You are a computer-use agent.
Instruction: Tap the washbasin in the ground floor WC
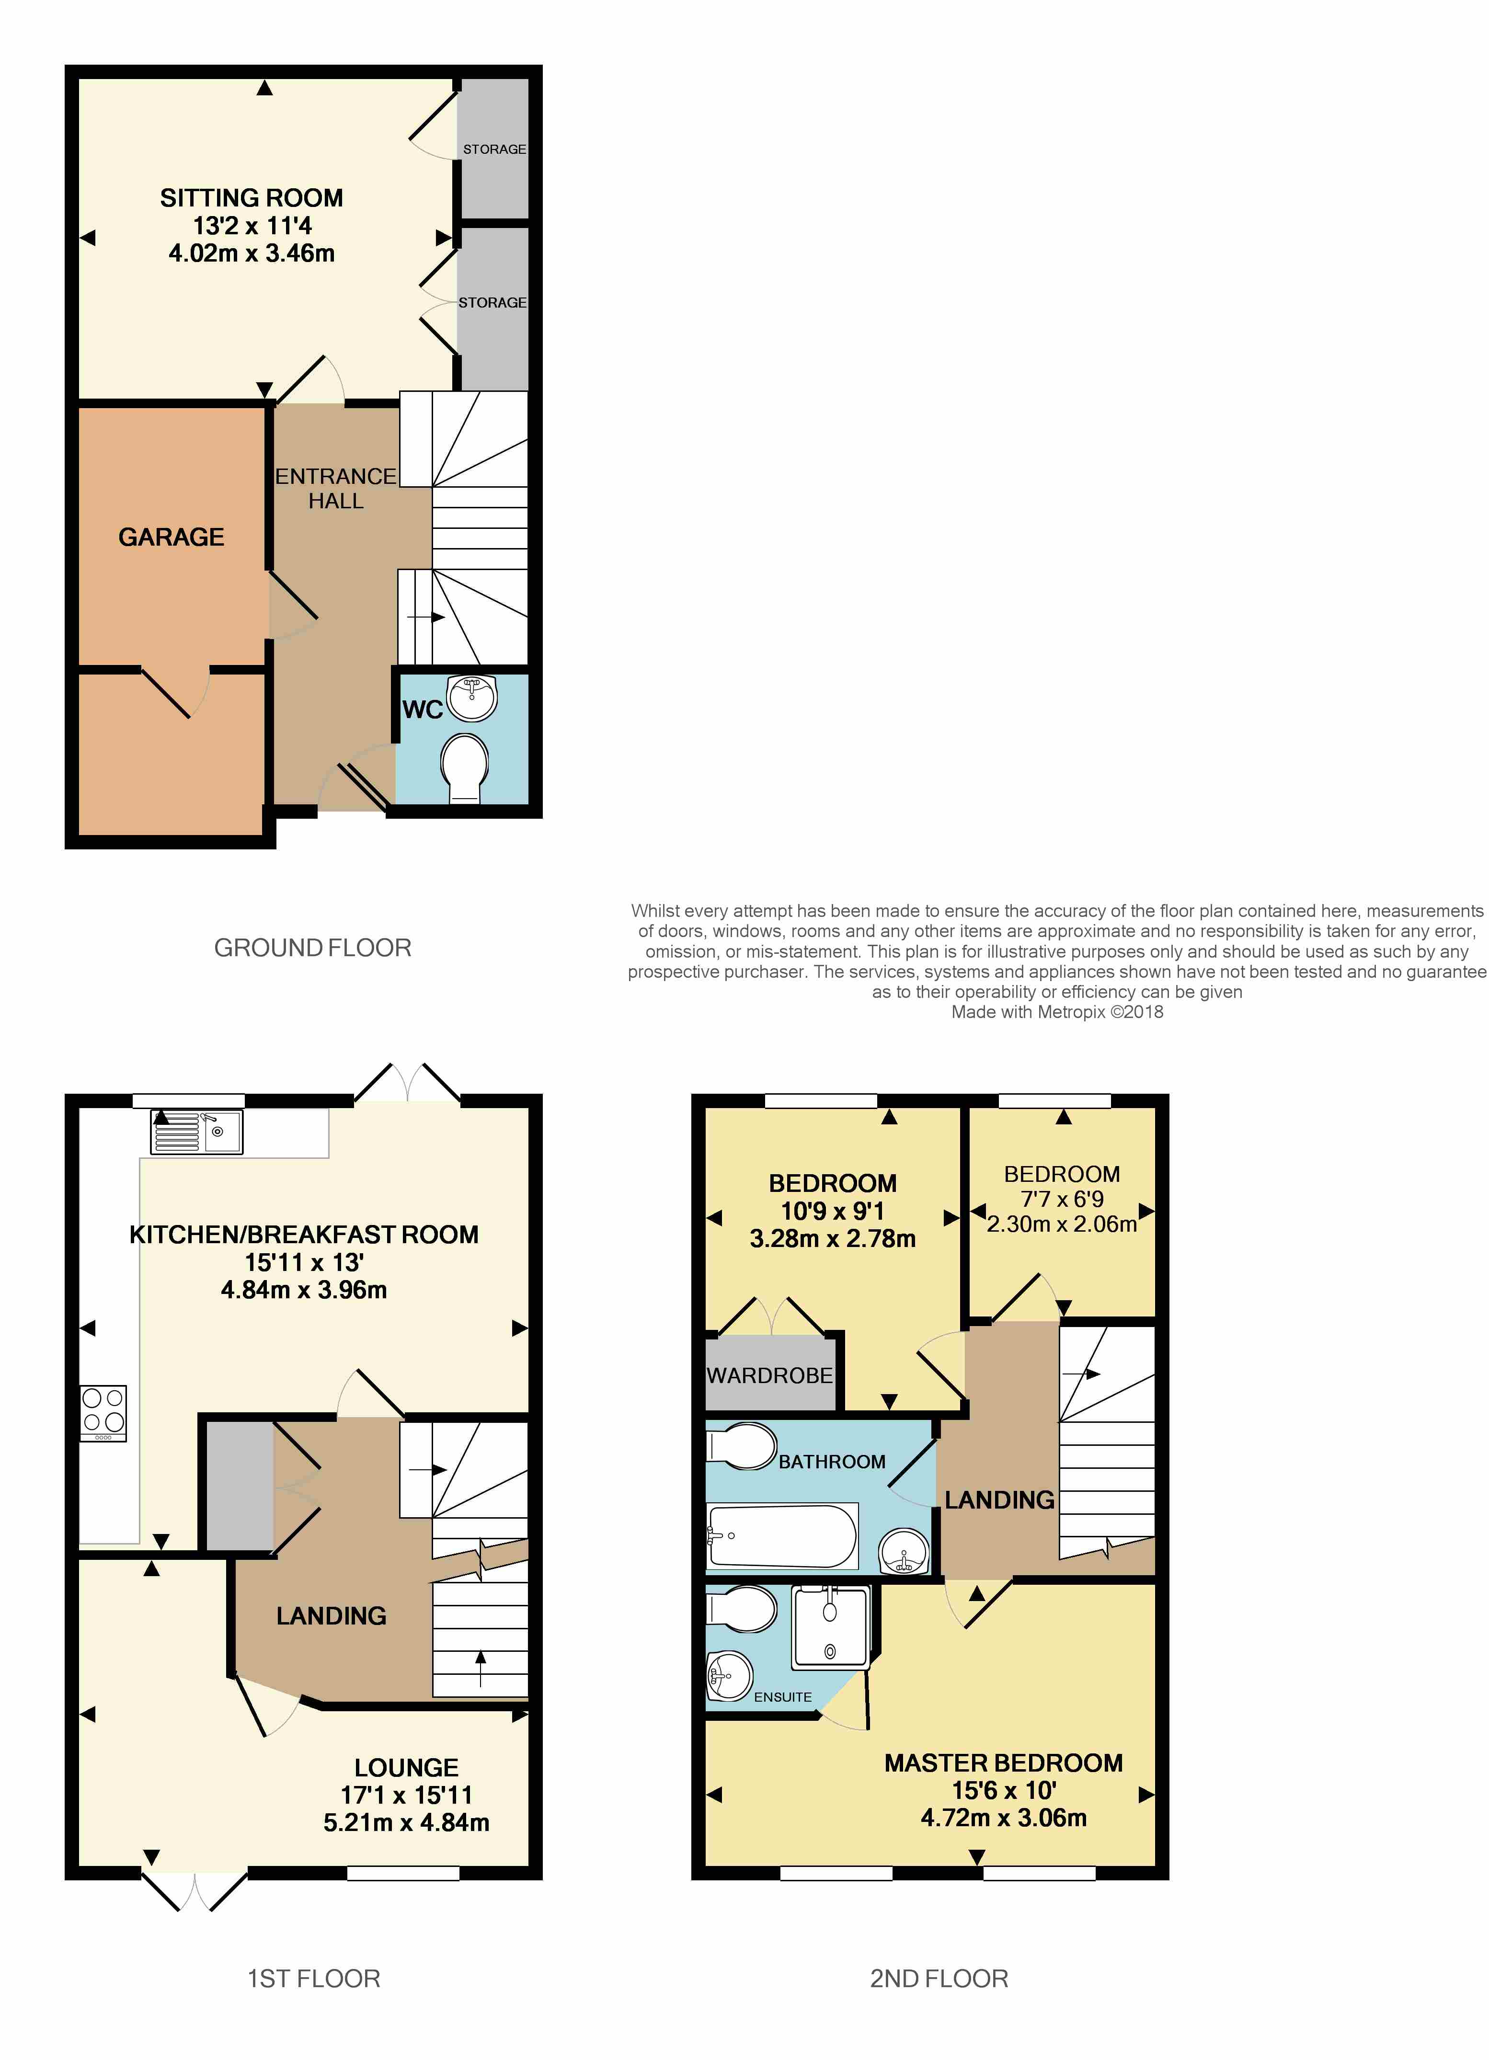[x=471, y=697]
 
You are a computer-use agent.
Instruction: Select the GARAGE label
[x=172, y=537]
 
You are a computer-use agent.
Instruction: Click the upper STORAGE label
[x=494, y=149]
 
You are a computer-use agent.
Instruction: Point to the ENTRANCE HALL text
[x=336, y=489]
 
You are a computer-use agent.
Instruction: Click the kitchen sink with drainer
[x=197, y=1132]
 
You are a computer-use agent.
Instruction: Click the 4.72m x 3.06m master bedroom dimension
[x=1004, y=1818]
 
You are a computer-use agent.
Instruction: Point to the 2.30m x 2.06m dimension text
[x=1062, y=1224]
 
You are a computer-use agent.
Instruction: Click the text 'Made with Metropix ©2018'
[x=1057, y=1012]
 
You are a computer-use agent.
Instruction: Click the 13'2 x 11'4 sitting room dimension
[x=252, y=225]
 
